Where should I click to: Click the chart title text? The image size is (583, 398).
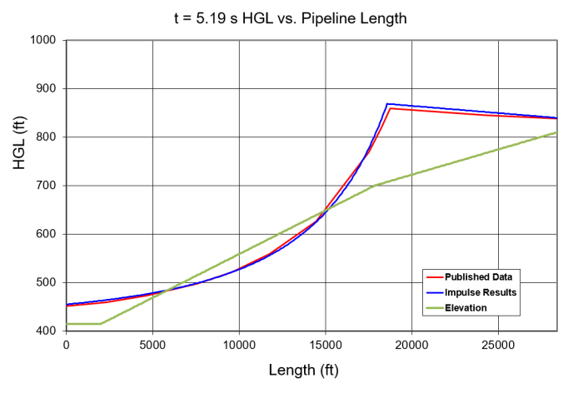coord(291,17)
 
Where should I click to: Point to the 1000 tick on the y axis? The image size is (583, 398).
coord(42,40)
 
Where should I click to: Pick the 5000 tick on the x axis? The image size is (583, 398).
coord(152,344)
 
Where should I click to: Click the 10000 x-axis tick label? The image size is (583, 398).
coord(239,344)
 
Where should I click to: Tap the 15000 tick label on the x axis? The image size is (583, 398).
coord(326,344)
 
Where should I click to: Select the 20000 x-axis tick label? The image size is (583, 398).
coord(412,344)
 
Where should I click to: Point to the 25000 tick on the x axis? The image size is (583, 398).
coord(498,344)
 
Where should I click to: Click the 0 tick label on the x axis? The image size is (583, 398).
coord(66,344)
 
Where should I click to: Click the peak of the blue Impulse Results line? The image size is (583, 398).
coord(387,104)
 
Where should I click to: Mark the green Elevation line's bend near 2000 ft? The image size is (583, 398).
coord(101,323)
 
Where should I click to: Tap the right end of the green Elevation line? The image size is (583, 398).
coord(556,132)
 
